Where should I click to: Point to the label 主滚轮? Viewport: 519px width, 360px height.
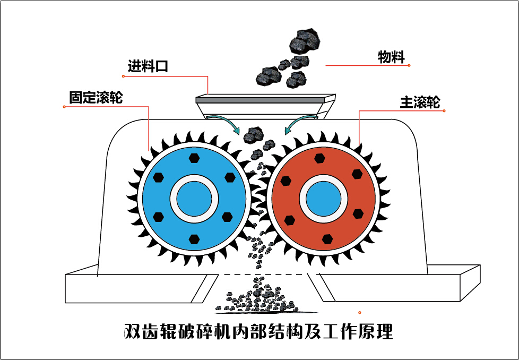420,102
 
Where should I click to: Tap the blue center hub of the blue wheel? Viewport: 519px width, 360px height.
194,200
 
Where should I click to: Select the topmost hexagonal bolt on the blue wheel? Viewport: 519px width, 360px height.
194,158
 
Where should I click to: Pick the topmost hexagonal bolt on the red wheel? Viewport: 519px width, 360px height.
319,158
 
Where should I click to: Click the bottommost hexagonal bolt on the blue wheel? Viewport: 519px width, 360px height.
194,239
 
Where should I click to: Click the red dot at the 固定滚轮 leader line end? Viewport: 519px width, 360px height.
64,107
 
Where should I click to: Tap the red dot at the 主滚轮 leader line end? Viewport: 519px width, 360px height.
444,111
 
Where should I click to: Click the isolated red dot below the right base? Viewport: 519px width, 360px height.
360,312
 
